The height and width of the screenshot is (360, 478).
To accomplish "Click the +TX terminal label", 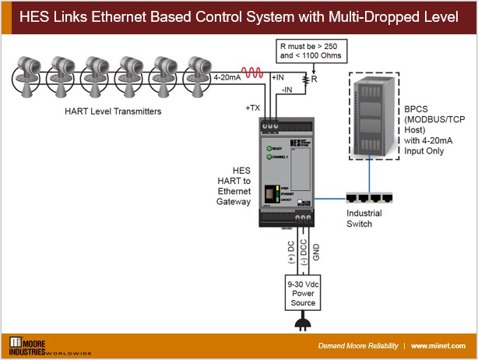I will pyautogui.click(x=252, y=107).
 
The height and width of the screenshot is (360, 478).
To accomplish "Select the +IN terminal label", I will pyautogui.click(x=278, y=77).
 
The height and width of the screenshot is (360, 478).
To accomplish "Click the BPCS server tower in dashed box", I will pyautogui.click(x=371, y=115).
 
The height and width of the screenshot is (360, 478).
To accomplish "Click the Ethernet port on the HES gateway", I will pyautogui.click(x=269, y=192).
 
